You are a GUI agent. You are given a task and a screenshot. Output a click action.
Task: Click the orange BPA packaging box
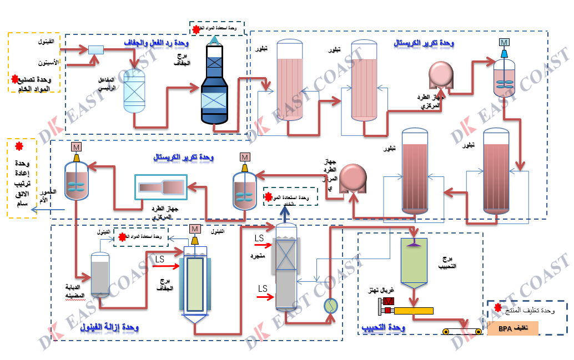[513, 328]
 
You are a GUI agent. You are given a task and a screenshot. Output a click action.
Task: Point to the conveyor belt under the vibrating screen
[462, 331]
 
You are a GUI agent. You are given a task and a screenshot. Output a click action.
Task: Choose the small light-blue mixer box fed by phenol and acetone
[97, 50]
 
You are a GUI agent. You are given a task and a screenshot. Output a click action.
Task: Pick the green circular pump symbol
[331, 305]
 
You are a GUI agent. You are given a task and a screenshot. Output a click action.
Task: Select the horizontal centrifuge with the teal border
[161, 186]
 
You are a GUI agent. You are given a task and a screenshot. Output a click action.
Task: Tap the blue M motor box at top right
[504, 43]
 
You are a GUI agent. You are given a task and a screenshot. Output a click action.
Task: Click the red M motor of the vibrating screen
[389, 301]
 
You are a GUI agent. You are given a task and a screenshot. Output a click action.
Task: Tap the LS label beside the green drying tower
[159, 259]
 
